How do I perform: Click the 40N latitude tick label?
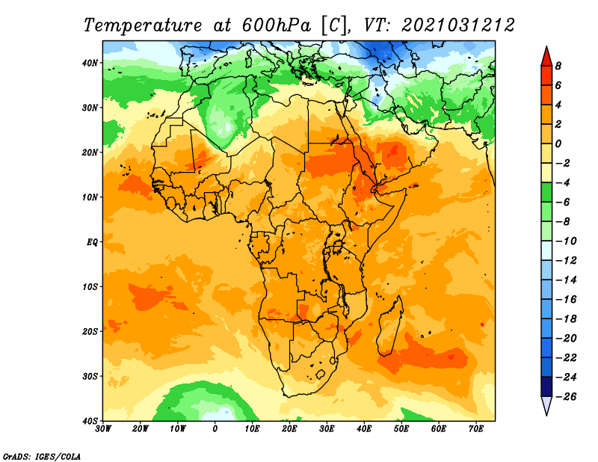coord(90,63)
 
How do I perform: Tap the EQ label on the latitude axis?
coord(92,242)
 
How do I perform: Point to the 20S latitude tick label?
coord(90,331)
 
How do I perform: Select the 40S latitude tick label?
coord(90,421)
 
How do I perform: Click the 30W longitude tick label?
coord(103,429)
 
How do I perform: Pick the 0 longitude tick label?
coord(215,429)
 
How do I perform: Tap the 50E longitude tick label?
coord(401,429)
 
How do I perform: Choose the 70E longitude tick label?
coord(476,429)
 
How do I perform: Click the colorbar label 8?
coord(558,66)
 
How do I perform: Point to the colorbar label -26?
coord(566,397)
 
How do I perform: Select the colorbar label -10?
coord(566,241)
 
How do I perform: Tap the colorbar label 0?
coord(558,144)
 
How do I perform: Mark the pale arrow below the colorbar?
coord(546,404)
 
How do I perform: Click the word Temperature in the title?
coord(143,26)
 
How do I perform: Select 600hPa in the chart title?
coord(277,26)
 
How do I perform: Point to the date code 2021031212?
coord(458,26)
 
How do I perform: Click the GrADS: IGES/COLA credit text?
coord(42,457)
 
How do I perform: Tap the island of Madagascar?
coord(390,326)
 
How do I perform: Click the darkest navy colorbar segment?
coord(546,386)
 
